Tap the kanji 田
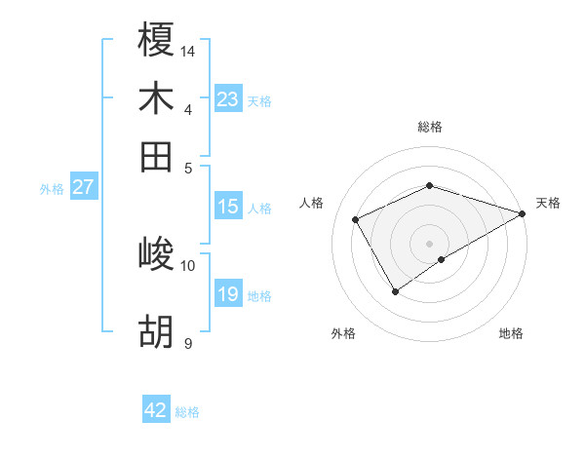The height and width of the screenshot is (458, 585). [156, 156]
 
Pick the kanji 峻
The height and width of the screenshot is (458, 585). [156, 254]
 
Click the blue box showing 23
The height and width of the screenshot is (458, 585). [228, 99]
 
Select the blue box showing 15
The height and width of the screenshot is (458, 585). [228, 207]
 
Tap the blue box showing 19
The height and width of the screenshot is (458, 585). [228, 294]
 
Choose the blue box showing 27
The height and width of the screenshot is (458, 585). [84, 187]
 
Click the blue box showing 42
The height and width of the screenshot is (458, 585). [156, 410]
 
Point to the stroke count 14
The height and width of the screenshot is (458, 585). [189, 50]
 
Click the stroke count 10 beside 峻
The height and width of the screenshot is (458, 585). [188, 265]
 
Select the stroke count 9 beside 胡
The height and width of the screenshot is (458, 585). [188, 343]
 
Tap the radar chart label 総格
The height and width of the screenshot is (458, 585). [430, 127]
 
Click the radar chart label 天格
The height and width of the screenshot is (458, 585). [548, 203]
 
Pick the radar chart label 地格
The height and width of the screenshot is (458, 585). [511, 334]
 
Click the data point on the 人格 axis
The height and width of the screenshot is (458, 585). [356, 219]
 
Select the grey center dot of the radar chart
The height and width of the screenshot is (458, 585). [430, 243]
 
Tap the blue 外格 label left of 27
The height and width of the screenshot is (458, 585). [52, 189]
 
